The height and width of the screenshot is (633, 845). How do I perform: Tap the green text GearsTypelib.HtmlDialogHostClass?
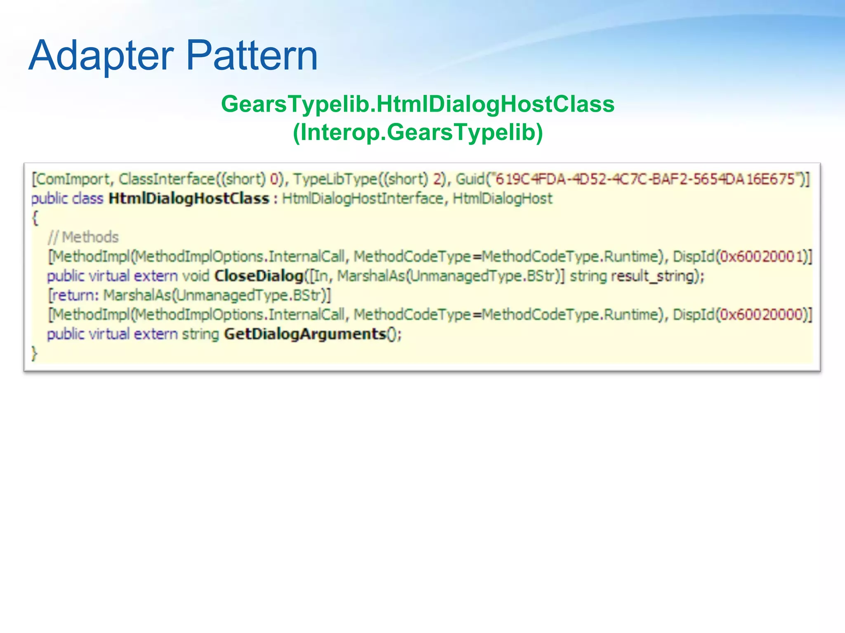[x=418, y=104]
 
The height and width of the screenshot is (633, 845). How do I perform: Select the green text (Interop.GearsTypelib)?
[x=418, y=132]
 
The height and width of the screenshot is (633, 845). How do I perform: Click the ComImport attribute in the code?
[x=73, y=179]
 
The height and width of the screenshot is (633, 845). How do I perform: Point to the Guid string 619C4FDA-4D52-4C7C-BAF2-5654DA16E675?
[x=644, y=179]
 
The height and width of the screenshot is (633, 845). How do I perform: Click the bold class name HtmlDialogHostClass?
[x=189, y=199]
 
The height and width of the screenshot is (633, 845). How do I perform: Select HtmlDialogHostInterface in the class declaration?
[x=362, y=199]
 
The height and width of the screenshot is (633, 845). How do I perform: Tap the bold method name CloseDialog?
[x=259, y=276]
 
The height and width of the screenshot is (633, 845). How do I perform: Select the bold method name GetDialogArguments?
[x=305, y=334]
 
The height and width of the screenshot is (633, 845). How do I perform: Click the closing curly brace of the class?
[x=35, y=354]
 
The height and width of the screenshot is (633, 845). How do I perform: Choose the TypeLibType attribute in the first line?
[x=335, y=179]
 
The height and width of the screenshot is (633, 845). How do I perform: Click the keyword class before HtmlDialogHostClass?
[x=87, y=199]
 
